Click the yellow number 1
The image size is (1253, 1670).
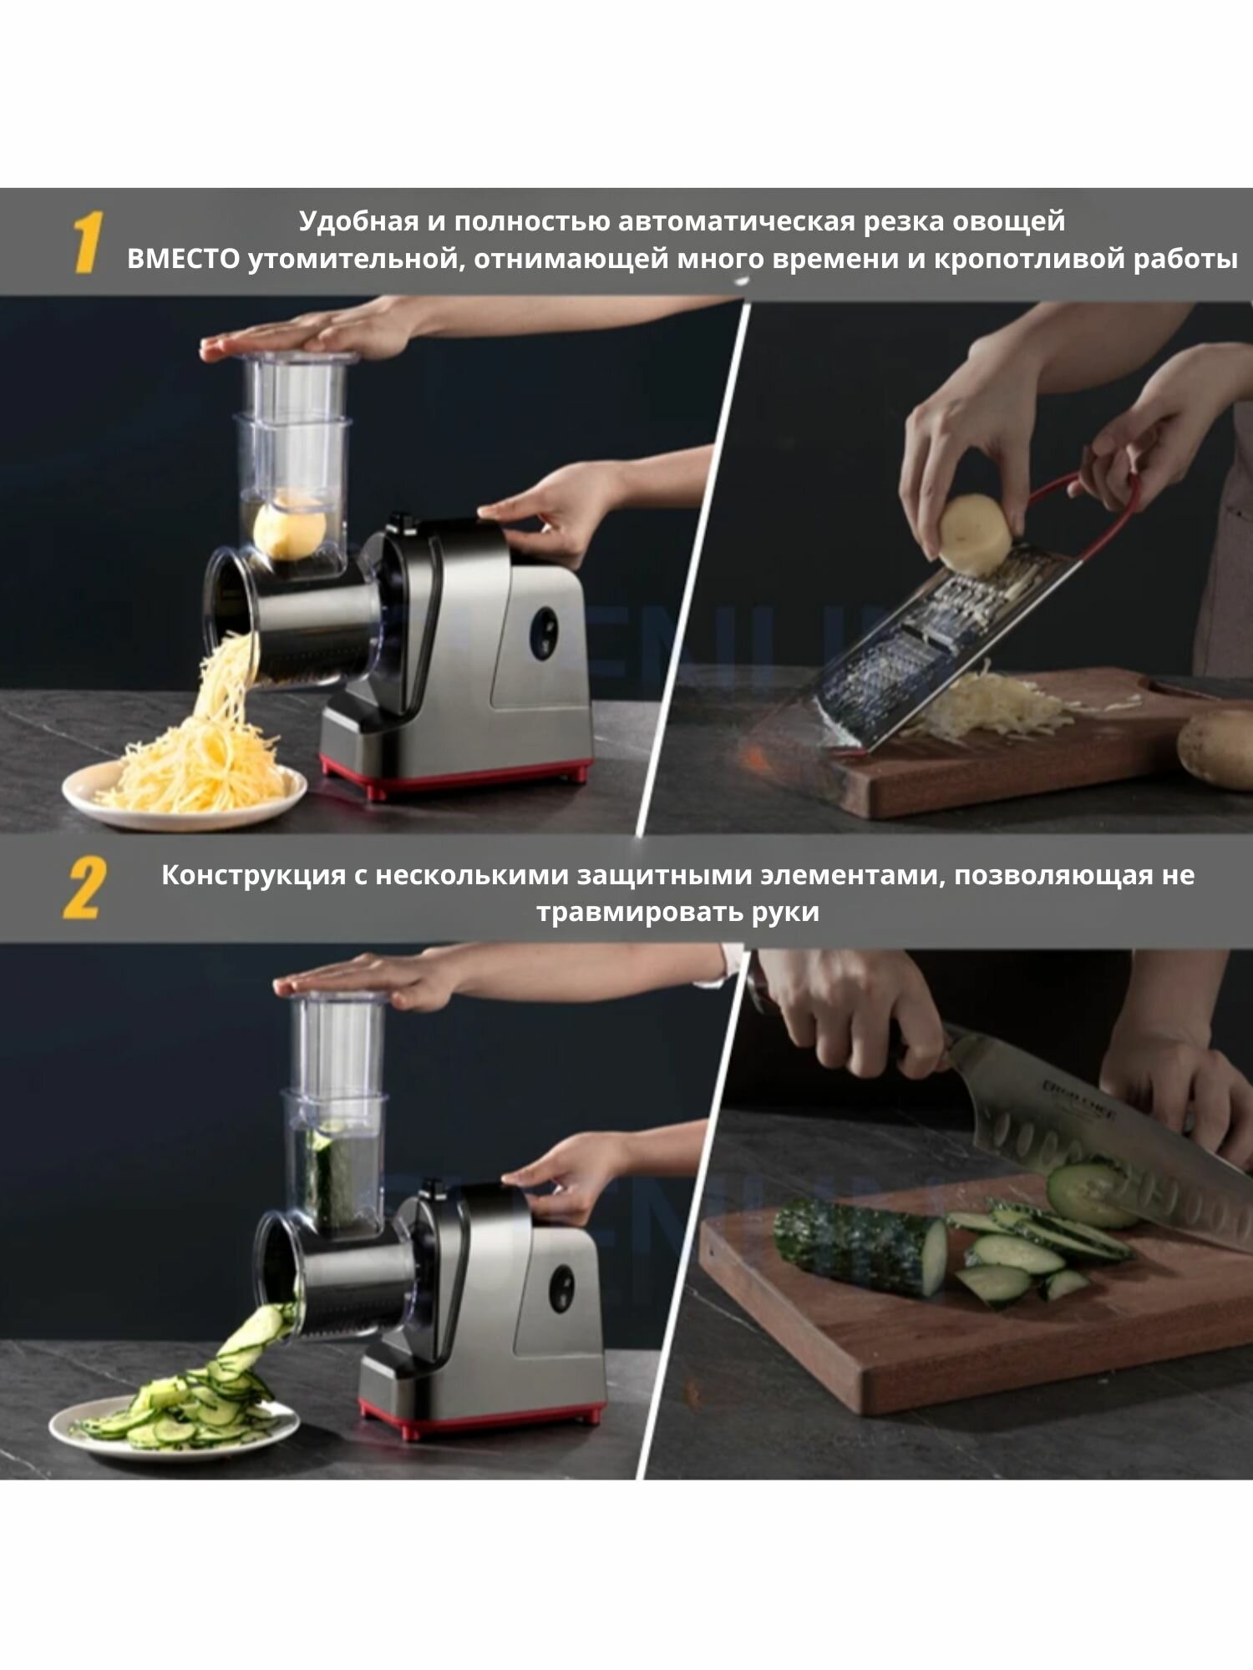point(87,242)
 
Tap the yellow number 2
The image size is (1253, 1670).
point(85,888)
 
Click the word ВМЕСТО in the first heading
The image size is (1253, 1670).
point(183,260)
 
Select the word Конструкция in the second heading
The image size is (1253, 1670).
point(253,876)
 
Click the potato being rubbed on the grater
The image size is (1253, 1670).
point(975,534)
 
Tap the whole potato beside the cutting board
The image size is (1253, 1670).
point(1215,747)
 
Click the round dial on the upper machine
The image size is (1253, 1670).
point(544,632)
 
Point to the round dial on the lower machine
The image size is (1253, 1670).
point(561,1288)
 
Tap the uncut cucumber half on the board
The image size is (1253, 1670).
point(860,1247)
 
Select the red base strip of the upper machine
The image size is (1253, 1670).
point(456,776)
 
